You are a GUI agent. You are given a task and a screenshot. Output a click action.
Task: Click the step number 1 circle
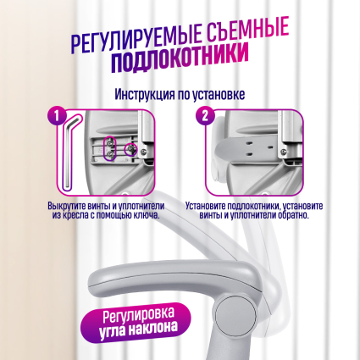56,114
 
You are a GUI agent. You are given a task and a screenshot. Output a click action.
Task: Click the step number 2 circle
206,114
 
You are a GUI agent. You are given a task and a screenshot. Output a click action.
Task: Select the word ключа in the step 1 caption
147,215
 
